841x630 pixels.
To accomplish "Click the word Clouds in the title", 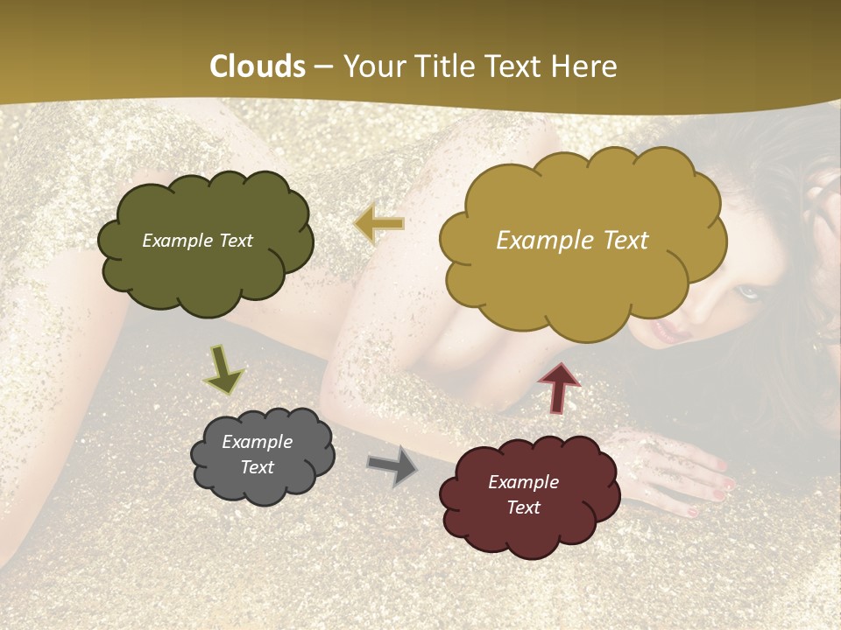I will coord(257,66).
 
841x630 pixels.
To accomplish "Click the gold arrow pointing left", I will coord(379,224).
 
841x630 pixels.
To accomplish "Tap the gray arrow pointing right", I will coord(392,466).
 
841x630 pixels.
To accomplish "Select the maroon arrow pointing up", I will coord(559,386).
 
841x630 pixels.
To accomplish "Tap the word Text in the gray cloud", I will coord(258,467).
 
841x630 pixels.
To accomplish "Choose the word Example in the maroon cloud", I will coord(523,482).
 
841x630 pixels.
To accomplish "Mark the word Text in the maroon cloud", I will coord(523,507).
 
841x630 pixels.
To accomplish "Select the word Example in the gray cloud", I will coord(258,442).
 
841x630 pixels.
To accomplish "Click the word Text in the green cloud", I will coord(237,241).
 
